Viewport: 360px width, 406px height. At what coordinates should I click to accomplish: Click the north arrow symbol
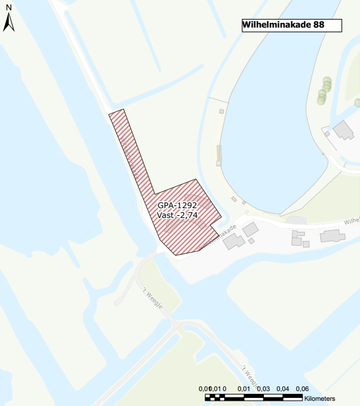coord(9,23)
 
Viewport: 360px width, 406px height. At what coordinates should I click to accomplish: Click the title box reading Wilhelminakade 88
coord(292,25)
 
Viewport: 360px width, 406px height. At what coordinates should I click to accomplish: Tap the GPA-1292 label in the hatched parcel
coord(177,205)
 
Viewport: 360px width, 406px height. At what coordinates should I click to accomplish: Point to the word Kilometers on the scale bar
coord(320,399)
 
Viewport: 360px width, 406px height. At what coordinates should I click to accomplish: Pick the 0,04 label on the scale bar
coord(282,389)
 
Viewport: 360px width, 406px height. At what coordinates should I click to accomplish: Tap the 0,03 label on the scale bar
coord(263,389)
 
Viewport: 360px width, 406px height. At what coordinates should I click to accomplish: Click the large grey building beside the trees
coord(344,130)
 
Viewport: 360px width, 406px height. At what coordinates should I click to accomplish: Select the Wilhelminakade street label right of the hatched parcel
coord(217,236)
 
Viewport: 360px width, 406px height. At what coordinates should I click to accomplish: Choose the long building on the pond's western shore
coord(219,155)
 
